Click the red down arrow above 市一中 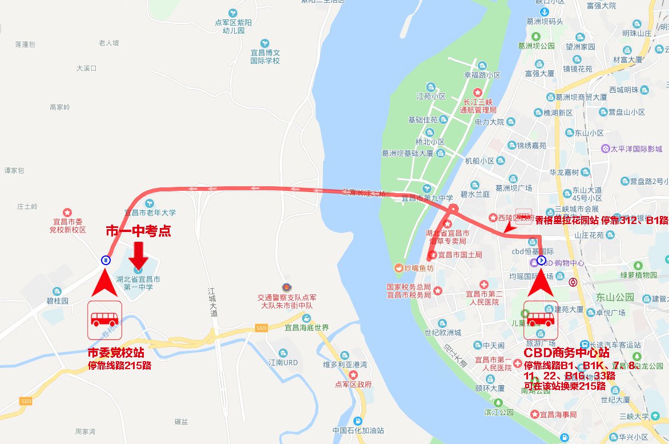pyautogui.click(x=139, y=253)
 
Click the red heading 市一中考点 pyautogui.click(x=139, y=231)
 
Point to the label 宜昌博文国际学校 pyautogui.click(x=265, y=56)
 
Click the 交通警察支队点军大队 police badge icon pyautogui.click(x=286, y=286)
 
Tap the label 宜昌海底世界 pyautogui.click(x=307, y=327)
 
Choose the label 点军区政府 pyautogui.click(x=354, y=384)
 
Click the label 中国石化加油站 pyautogui.click(x=358, y=430)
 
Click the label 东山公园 pyautogui.click(x=615, y=297)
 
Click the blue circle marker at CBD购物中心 pyautogui.click(x=542, y=261)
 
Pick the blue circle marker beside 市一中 pyautogui.click(x=106, y=260)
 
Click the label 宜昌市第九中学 pyautogui.click(x=427, y=198)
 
